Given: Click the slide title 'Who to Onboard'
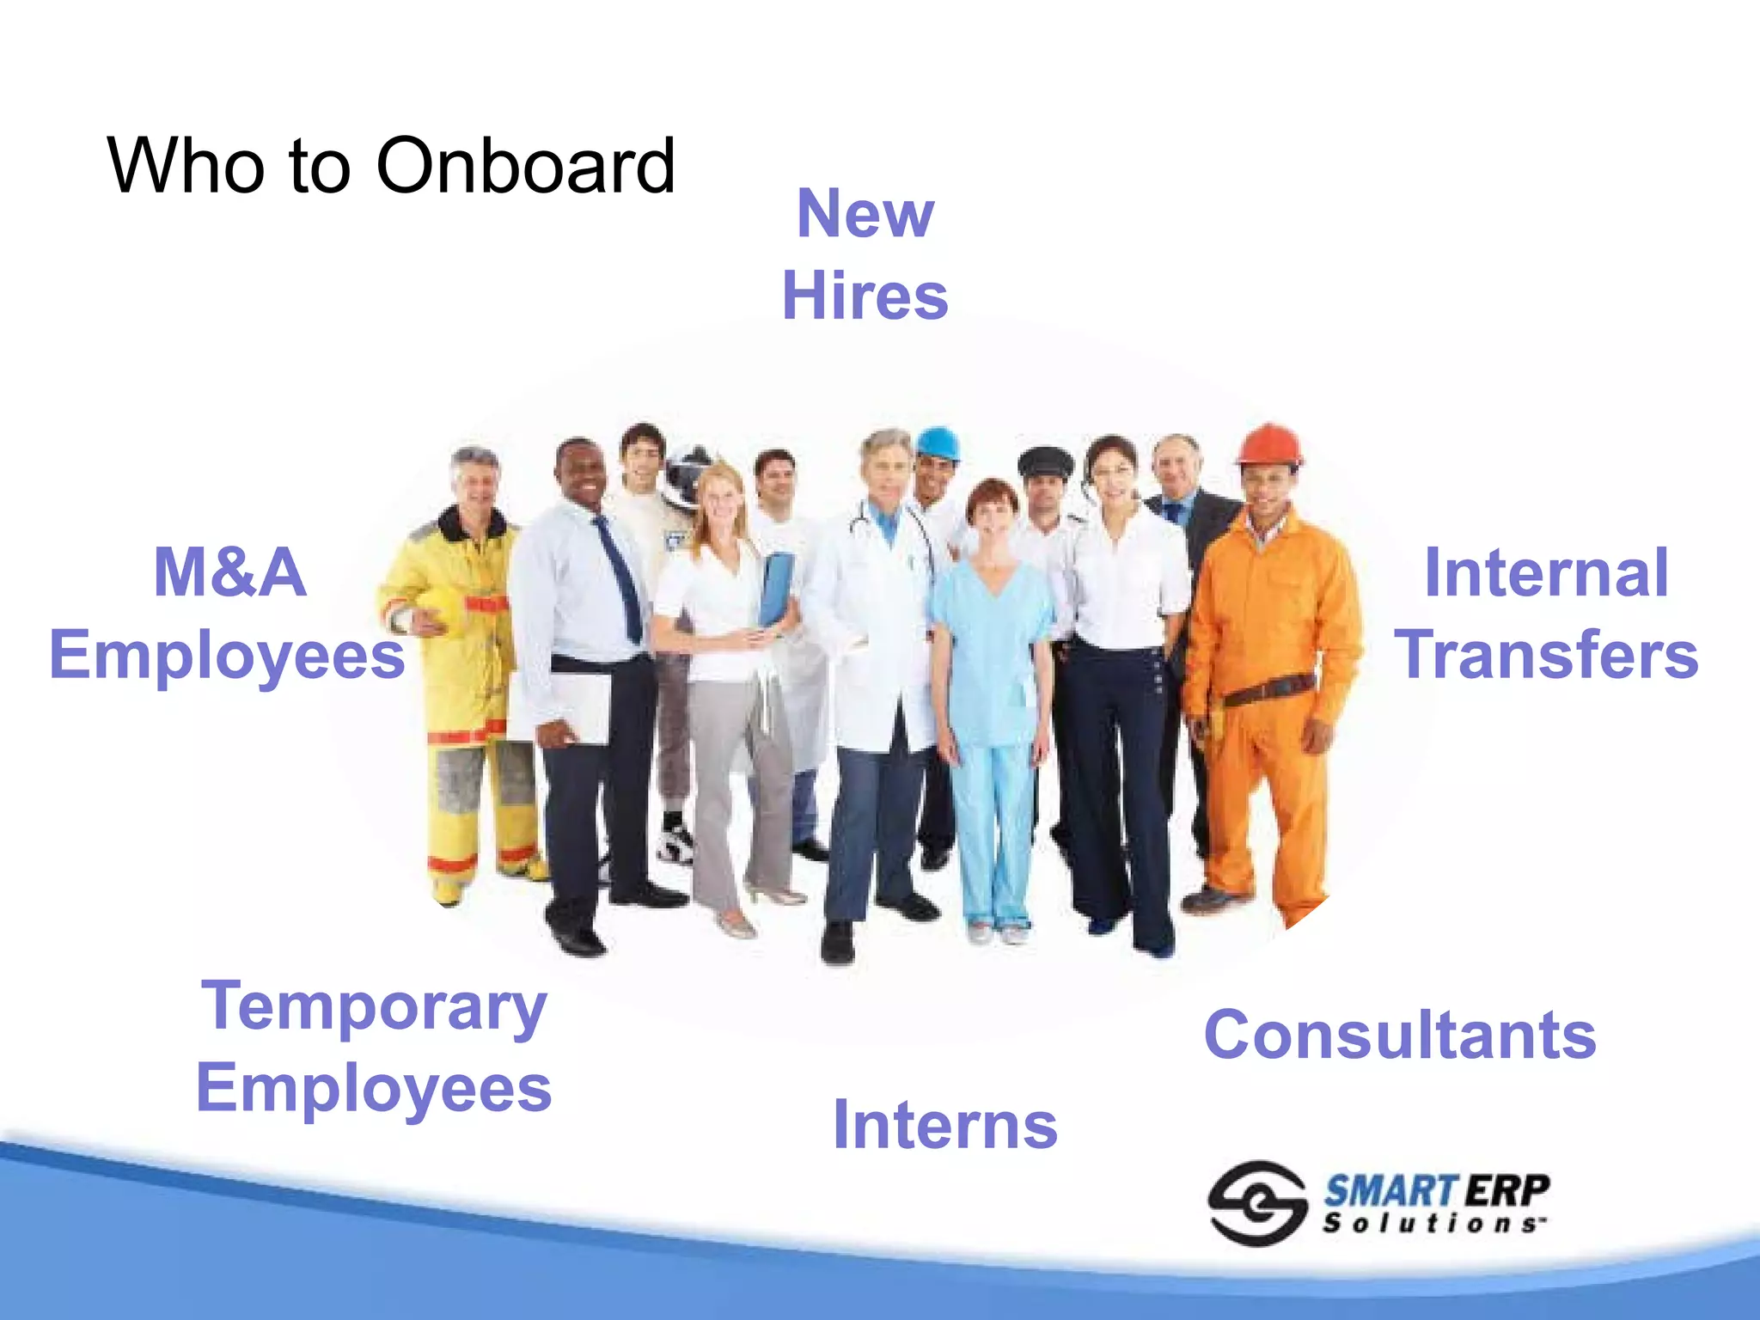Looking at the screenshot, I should tap(391, 165).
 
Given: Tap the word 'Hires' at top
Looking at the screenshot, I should tap(865, 296).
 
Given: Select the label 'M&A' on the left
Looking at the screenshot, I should tap(229, 572).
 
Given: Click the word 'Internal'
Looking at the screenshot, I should tap(1546, 572).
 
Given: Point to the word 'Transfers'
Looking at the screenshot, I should tap(1546, 655).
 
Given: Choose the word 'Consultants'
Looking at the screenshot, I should tap(1400, 1035).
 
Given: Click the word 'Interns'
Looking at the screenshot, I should tap(945, 1124).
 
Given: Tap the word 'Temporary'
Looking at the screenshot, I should tap(374, 1007).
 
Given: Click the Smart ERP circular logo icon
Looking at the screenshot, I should tap(1256, 1203).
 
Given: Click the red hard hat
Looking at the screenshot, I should tap(1268, 445).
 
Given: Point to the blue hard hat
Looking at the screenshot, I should tap(938, 443).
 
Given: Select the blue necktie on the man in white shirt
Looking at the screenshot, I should tap(620, 576).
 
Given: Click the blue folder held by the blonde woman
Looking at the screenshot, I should tap(775, 589).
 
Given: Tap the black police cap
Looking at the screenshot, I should tap(1045, 462).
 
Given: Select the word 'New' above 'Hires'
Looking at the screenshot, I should tap(865, 213).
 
